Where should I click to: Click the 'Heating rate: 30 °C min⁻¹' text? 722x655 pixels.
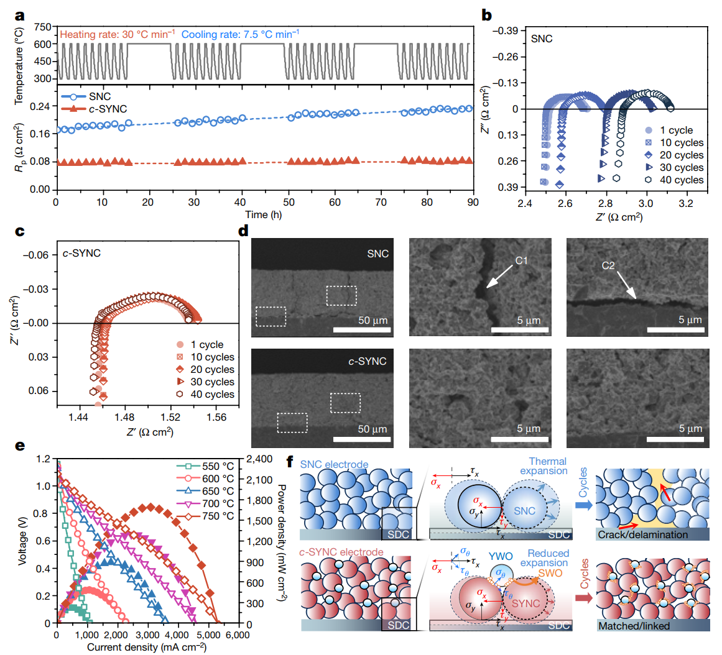[x=118, y=34]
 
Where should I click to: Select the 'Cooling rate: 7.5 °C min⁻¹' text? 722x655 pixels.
[x=240, y=34]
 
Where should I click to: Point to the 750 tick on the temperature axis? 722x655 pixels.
[x=43, y=27]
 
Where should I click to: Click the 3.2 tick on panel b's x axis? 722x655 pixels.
[x=687, y=204]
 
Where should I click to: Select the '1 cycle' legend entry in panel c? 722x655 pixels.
[x=206, y=345]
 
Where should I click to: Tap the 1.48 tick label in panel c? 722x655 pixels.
[x=124, y=418]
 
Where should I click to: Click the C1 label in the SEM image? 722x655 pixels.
[x=521, y=261]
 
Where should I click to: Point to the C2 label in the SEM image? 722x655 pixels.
[x=608, y=266]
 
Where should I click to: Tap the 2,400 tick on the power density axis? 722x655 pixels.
[x=260, y=459]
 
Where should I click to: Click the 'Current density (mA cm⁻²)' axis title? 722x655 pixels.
[x=147, y=647]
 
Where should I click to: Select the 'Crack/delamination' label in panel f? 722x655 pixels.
[x=643, y=534]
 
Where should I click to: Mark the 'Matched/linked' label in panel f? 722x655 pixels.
[x=634, y=626]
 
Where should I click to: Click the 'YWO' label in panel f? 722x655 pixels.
[x=500, y=557]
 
